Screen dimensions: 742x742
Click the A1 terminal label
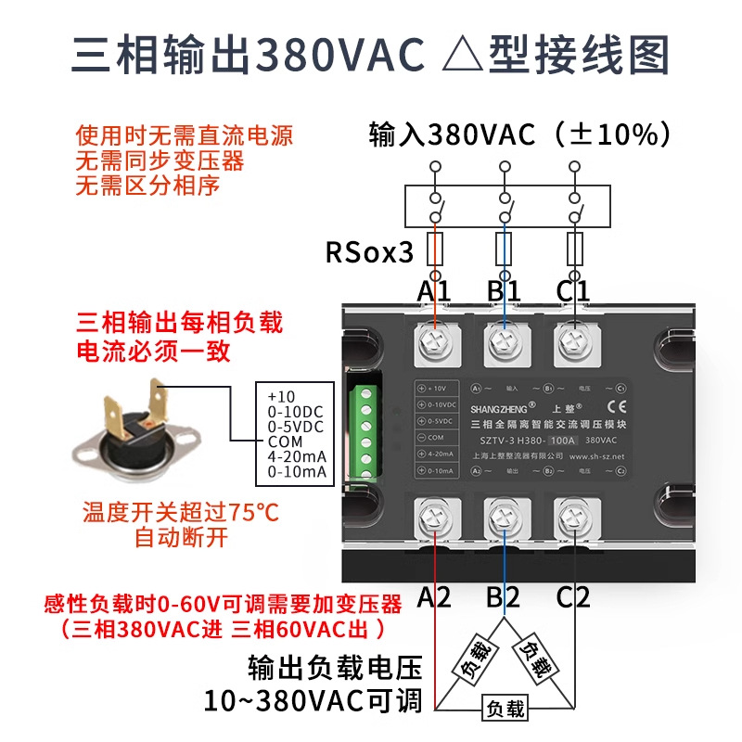433,291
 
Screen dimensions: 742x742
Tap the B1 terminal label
504,291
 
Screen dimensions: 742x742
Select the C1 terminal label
573,291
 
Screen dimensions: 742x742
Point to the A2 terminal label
433,598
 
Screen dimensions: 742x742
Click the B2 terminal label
504,598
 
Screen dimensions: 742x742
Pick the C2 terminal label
573,598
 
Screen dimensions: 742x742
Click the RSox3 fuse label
368,252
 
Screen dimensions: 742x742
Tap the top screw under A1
434,347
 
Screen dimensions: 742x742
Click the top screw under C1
572,347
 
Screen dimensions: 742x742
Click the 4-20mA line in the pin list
296,456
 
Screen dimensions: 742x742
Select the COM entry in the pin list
286,441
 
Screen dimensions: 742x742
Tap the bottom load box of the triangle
504,710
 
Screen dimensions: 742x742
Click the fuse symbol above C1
573,249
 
